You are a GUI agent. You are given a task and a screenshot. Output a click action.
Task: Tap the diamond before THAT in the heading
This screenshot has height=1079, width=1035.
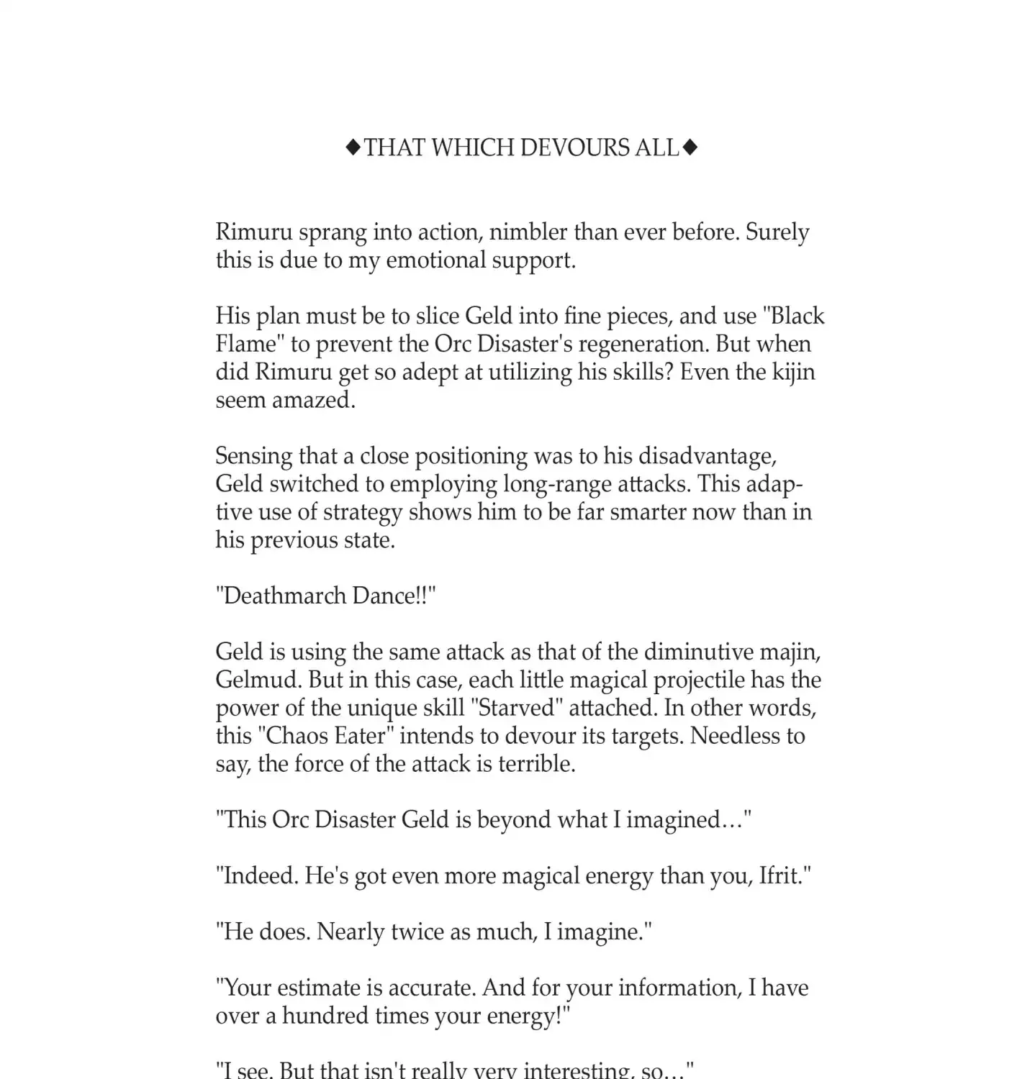pos(353,147)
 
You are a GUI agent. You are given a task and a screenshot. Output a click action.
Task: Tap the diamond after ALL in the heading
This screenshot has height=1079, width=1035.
pos(690,147)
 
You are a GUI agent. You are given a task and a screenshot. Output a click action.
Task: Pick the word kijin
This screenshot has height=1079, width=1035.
pos(794,372)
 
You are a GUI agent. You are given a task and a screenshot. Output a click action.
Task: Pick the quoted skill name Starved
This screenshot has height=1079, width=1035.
pos(516,708)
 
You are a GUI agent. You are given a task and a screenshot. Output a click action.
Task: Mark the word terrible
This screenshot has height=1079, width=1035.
pos(537,764)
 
